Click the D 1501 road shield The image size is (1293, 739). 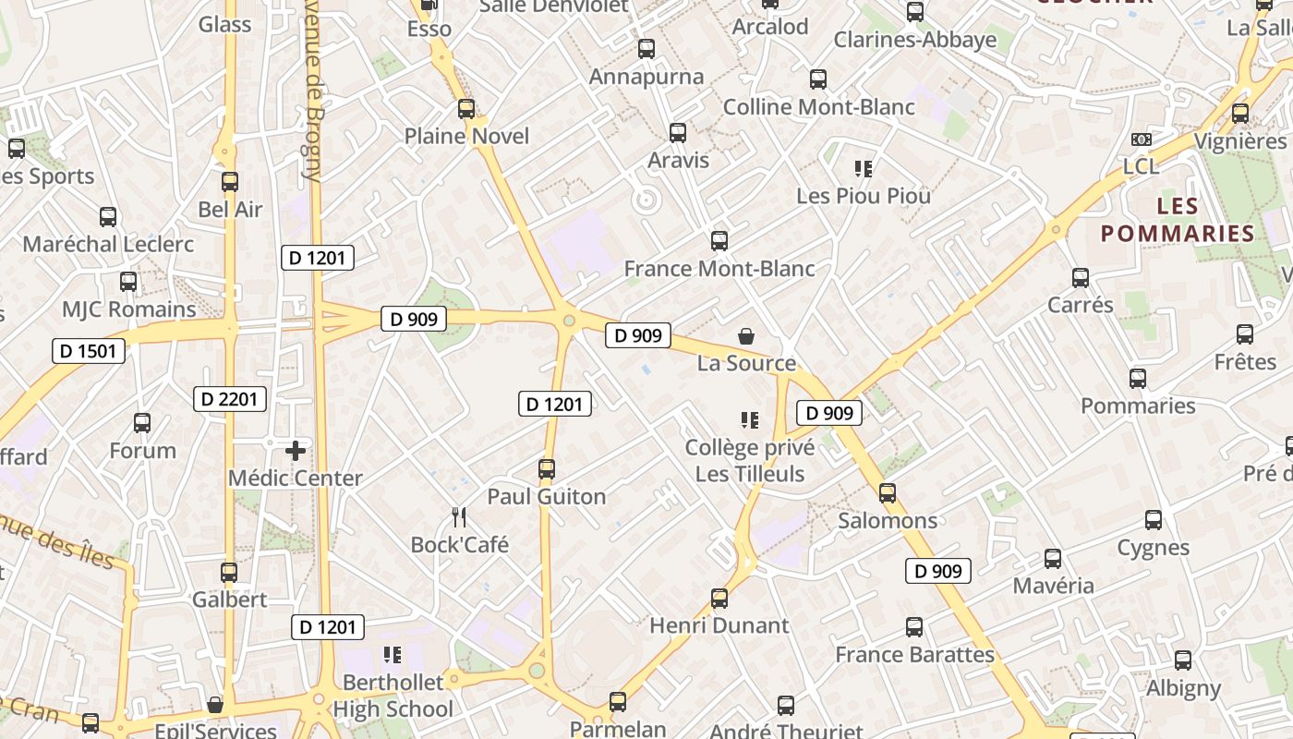coord(88,351)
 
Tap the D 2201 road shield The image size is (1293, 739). coord(230,399)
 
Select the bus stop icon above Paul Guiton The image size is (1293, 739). coord(547,469)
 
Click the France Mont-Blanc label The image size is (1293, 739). coord(719,269)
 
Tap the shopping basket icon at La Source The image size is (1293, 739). coord(746,336)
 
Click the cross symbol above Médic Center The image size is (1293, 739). coord(296,451)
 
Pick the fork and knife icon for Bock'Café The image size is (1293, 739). coord(459,516)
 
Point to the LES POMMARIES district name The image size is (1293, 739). coord(1178,220)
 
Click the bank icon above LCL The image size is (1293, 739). coord(1142,139)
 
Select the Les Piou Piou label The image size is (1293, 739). coord(864,196)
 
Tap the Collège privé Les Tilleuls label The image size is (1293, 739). coord(750,461)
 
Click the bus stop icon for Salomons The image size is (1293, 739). coord(888,493)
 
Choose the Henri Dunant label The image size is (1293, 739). coord(719,625)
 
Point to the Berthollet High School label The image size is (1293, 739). coord(393,696)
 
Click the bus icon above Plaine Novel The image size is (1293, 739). coord(466,109)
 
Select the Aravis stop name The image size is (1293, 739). coord(679,160)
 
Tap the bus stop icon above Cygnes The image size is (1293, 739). coord(1154,520)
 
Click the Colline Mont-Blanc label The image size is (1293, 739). coord(818,107)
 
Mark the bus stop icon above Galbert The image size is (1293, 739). coord(229,573)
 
